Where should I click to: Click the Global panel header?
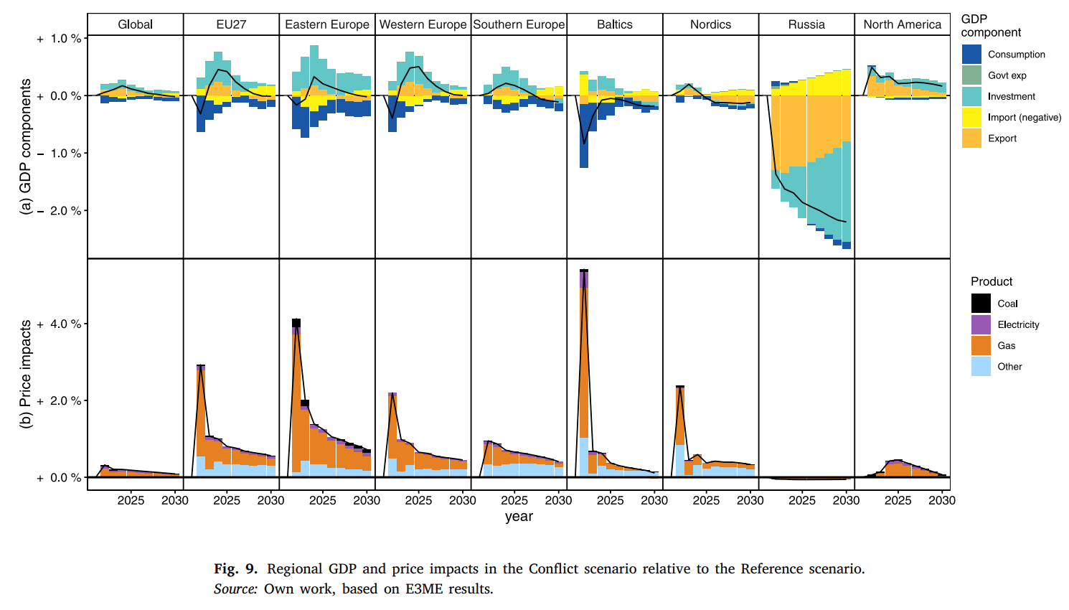[x=135, y=24]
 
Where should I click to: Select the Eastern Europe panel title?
[x=327, y=24]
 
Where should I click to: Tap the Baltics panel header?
[x=615, y=24]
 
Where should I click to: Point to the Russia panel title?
[x=806, y=24]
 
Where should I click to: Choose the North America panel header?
[x=902, y=24]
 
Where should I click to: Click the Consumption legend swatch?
[x=971, y=55]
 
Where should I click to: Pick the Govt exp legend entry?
[x=1007, y=75]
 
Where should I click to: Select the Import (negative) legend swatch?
[x=971, y=117]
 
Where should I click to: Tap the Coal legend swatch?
[x=981, y=304]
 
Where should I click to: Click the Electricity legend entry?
[x=1018, y=324]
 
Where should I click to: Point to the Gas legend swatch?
[x=981, y=345]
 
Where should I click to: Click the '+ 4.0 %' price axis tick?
[x=60, y=324]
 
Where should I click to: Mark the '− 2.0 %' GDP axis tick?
[x=60, y=211]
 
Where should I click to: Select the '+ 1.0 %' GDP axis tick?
[x=60, y=39]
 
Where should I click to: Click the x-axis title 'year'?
[x=519, y=517]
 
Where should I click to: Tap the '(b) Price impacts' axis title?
[x=26, y=374]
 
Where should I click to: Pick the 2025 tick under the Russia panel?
[x=801, y=500]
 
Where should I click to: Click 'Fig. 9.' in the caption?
[x=235, y=569]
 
